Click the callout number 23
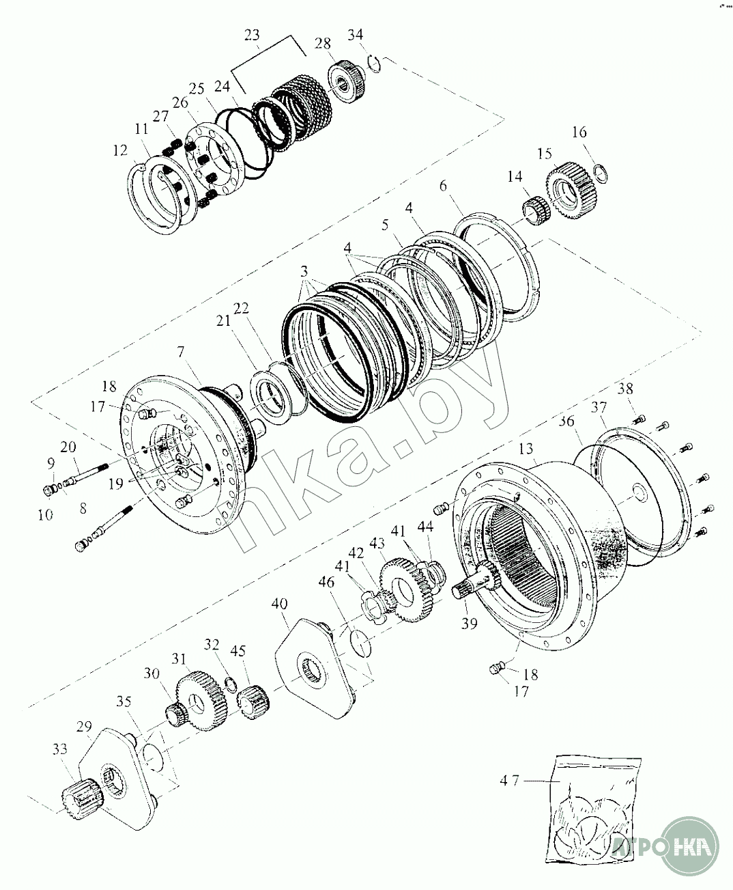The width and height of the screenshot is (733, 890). pos(252,35)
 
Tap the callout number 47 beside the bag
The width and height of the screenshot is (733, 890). pos(509,781)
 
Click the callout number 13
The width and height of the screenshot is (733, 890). pos(526,448)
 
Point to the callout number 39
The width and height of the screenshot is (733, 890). pos(469,623)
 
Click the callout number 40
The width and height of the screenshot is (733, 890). pos(280,604)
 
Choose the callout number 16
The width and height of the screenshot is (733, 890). pos(579,132)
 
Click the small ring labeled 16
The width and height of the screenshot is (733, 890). pos(601,173)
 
